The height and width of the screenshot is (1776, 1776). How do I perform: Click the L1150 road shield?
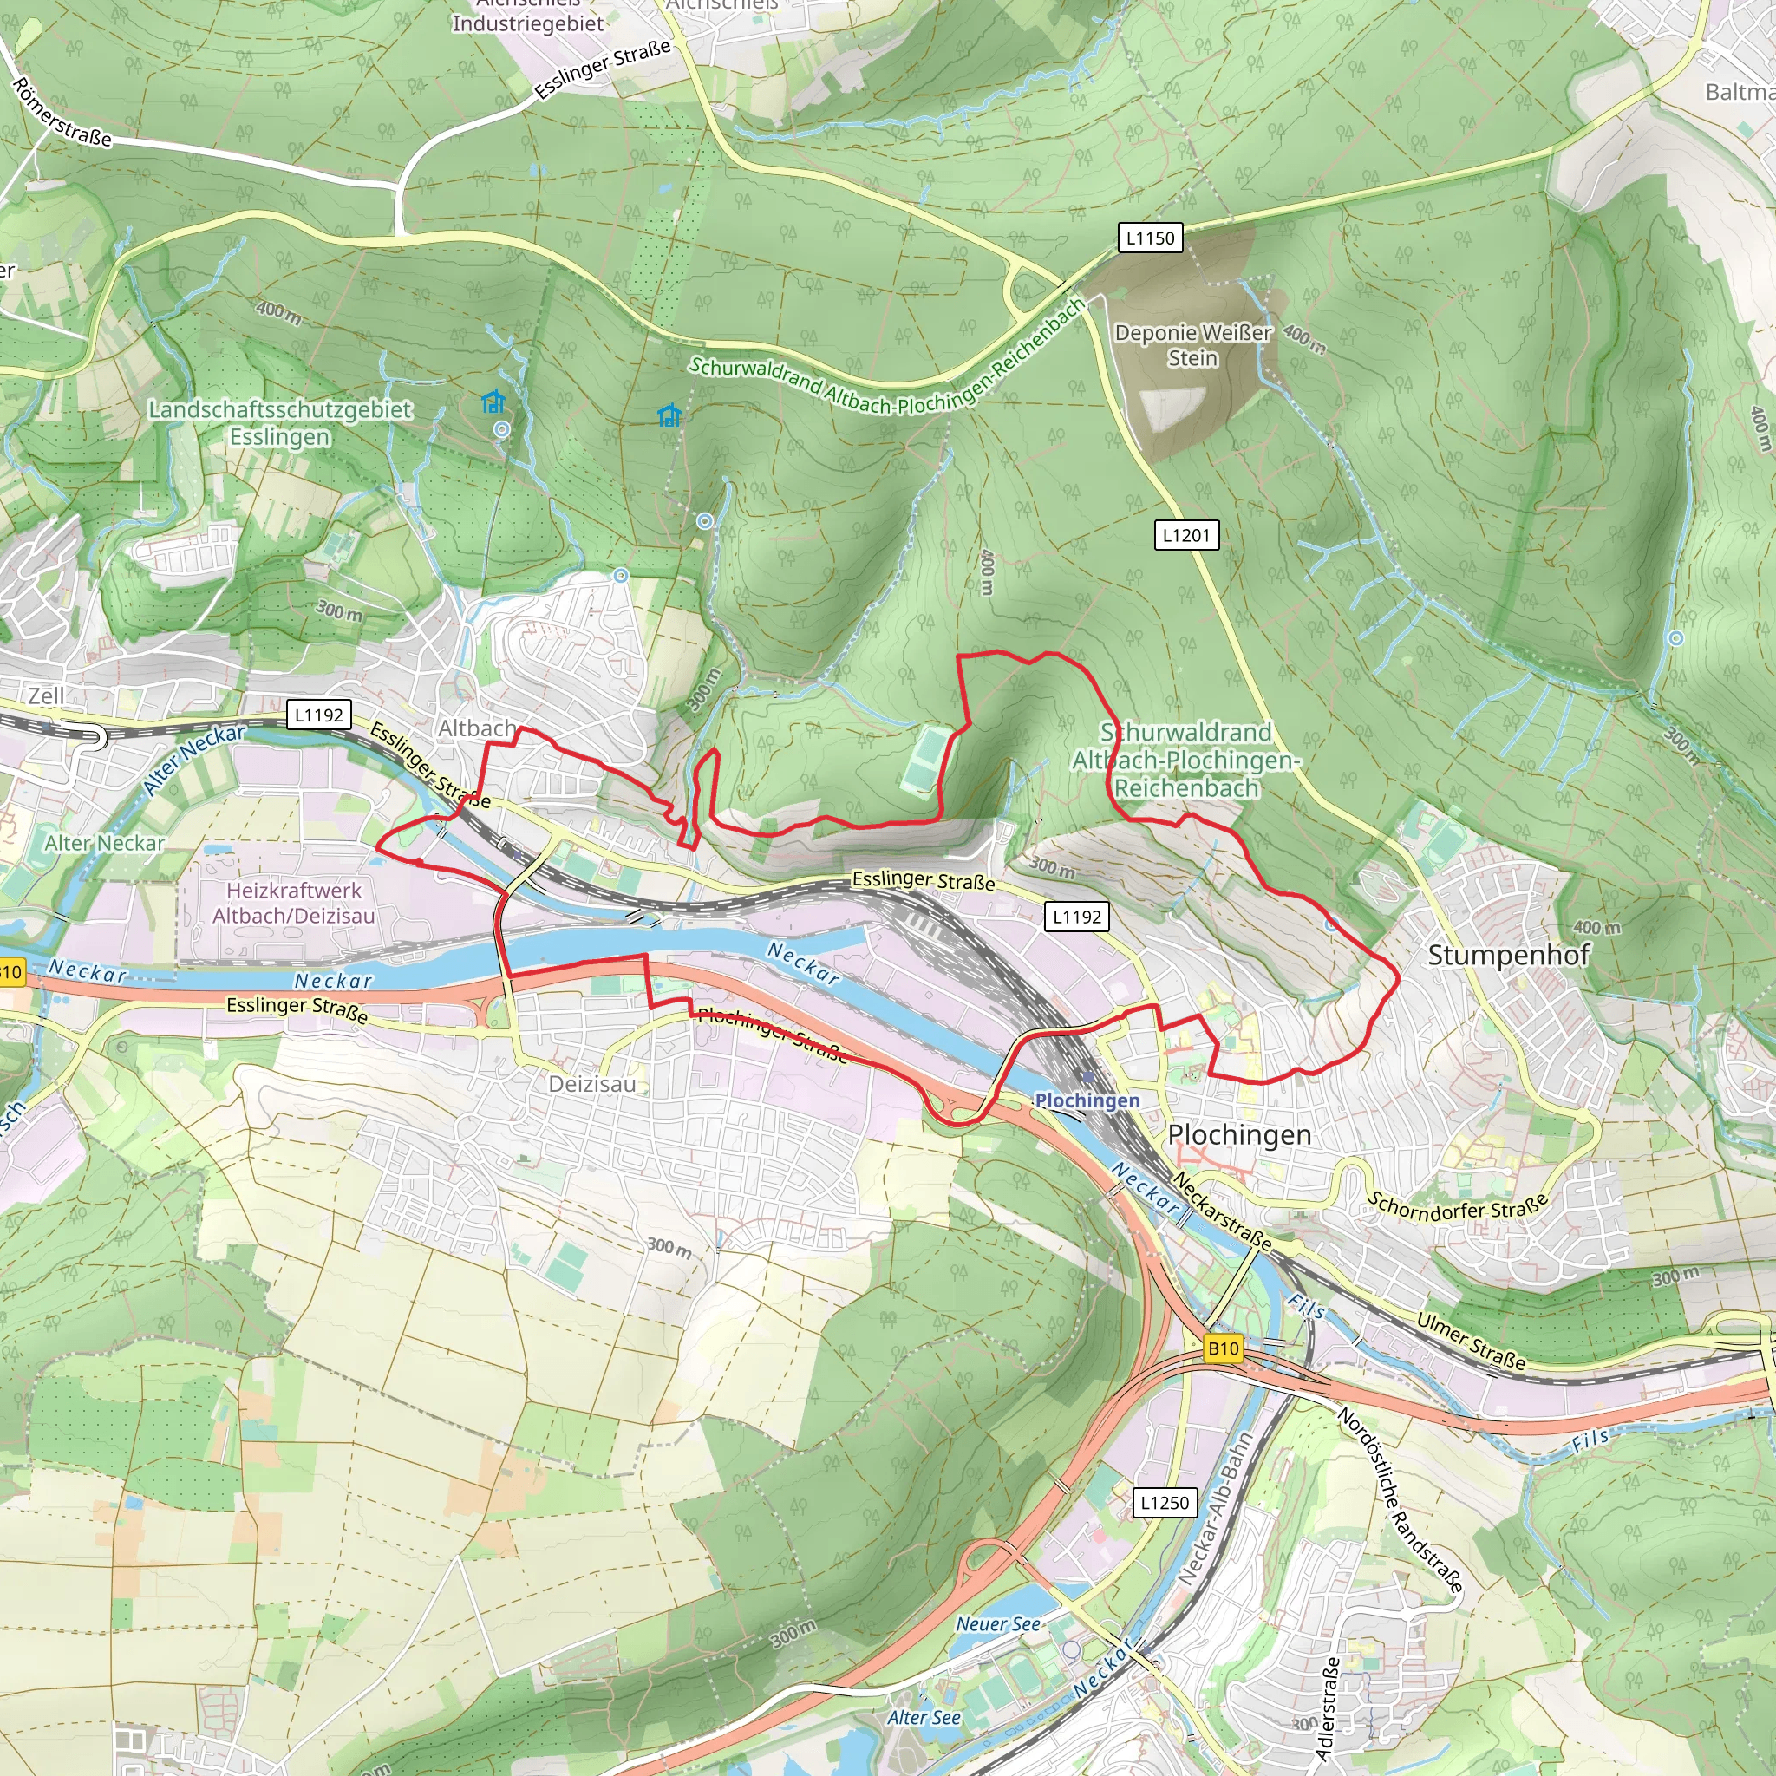pos(1150,238)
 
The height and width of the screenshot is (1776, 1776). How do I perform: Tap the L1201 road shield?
pos(1185,535)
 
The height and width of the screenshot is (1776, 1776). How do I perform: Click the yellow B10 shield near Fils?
pos(1224,1348)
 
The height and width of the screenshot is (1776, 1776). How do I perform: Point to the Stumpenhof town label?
pos(1507,955)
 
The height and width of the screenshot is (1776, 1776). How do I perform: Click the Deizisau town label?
pos(592,1084)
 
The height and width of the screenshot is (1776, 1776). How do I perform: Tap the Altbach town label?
pos(477,728)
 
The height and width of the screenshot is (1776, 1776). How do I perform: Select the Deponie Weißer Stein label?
pos(1193,345)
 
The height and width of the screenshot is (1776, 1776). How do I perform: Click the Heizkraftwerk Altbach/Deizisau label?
pos(294,903)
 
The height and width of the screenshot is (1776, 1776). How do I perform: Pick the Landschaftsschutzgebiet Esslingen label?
pos(279,423)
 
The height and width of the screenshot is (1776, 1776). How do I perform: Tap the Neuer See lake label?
pos(997,1624)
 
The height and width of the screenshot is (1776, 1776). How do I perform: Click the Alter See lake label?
pos(923,1717)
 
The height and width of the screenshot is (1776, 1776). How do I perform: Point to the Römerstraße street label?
pos(62,113)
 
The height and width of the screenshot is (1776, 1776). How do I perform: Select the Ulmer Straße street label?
pos(1471,1342)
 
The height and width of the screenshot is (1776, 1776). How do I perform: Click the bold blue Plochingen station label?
pos(1087,1100)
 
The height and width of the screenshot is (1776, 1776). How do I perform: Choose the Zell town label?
pos(46,695)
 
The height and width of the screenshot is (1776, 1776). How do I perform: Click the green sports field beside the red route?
pos(924,760)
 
